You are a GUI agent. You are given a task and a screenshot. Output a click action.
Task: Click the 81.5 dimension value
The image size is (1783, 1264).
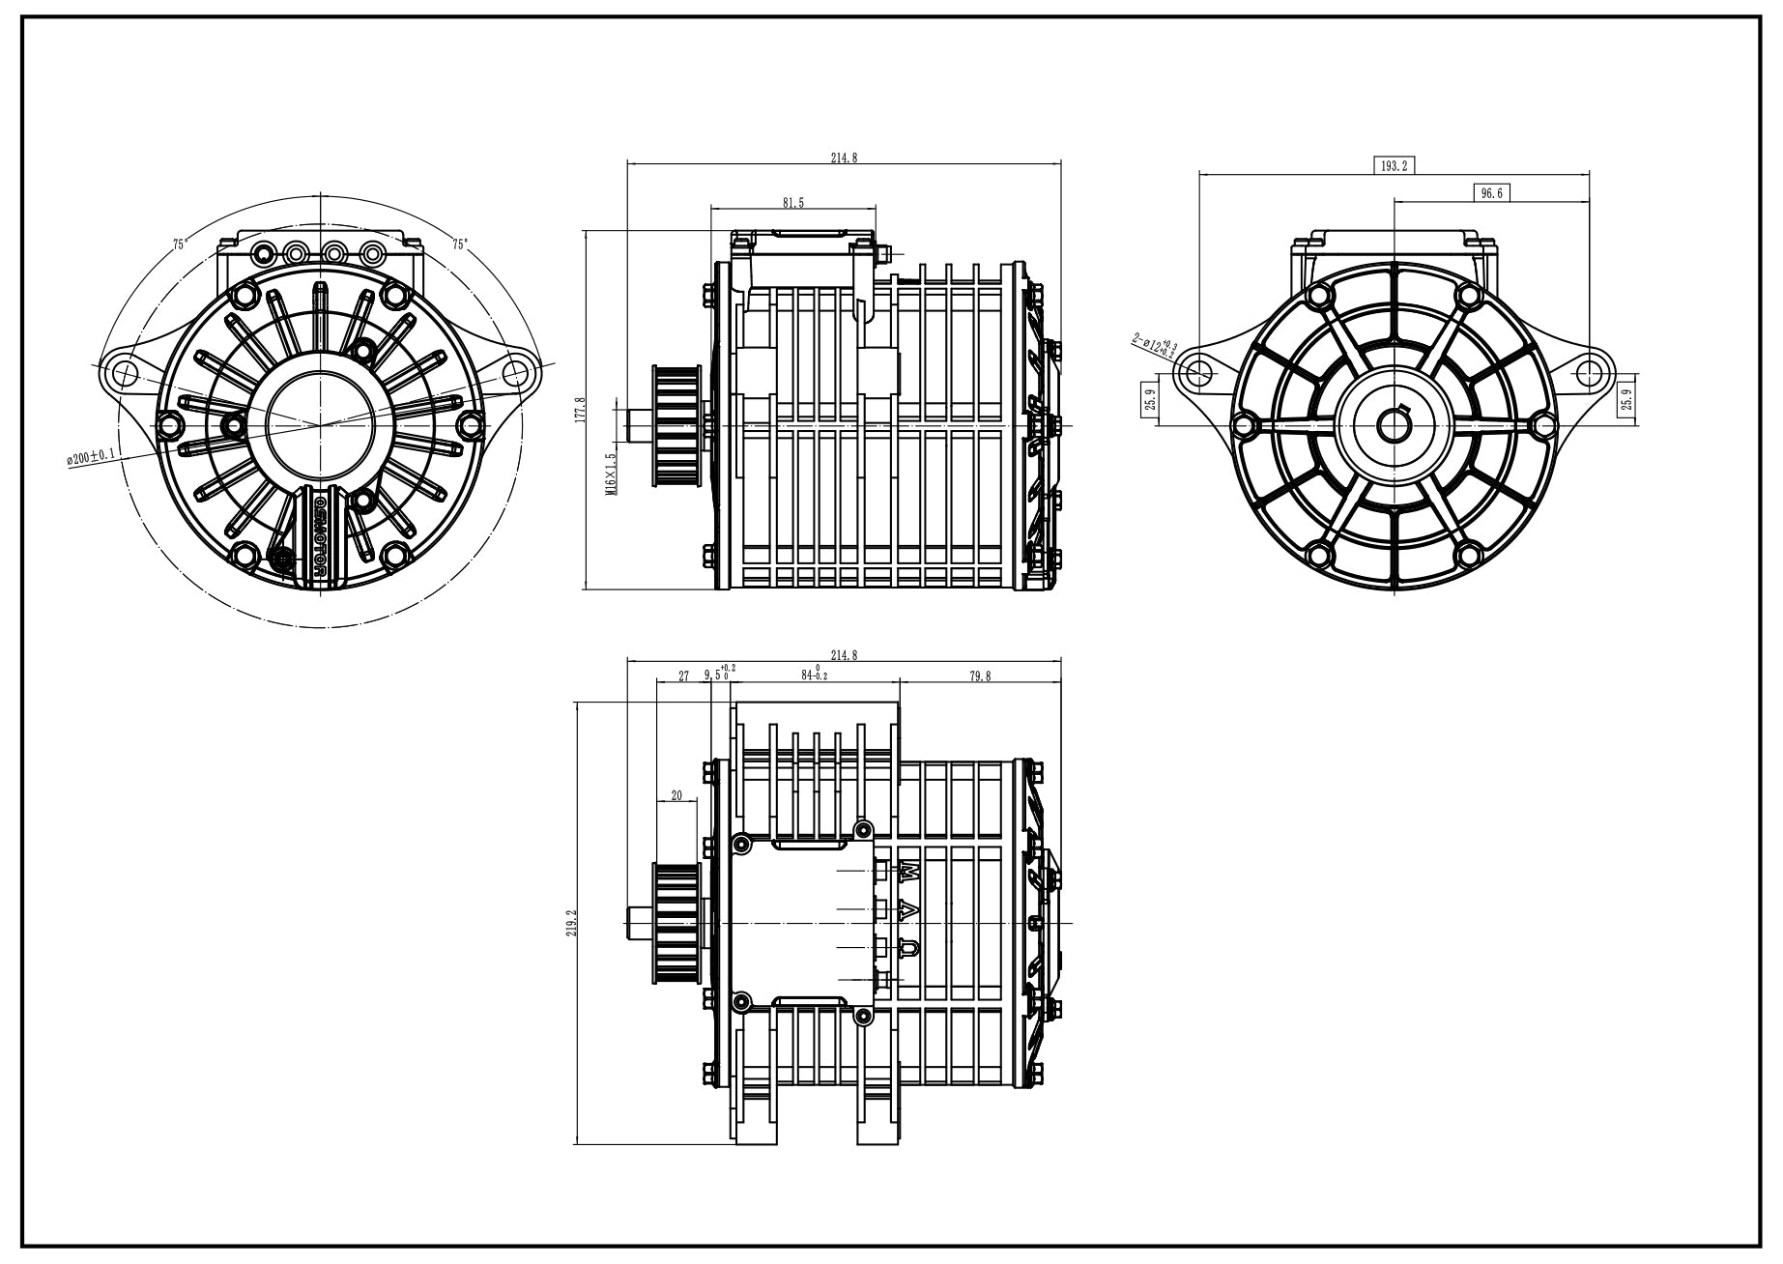coord(792,202)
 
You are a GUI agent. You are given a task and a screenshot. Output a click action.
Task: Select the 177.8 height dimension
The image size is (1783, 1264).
coord(579,410)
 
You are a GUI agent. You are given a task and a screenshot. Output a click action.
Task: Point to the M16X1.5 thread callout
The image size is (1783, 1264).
coord(610,474)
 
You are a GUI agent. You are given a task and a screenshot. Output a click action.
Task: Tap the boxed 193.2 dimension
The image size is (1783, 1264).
coord(1393,165)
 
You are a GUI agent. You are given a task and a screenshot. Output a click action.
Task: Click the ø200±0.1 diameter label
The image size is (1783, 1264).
coord(91,456)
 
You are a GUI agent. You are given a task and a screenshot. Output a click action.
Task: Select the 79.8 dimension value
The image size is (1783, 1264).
coord(979,676)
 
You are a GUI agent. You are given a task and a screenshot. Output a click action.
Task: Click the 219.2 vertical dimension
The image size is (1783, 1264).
coord(571,924)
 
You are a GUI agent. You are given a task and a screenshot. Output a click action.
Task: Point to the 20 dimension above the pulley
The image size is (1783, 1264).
coord(676,795)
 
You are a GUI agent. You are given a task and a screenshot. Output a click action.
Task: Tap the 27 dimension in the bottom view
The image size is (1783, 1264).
coord(683,676)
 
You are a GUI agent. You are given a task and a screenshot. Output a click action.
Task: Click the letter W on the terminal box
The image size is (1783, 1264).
coord(909,872)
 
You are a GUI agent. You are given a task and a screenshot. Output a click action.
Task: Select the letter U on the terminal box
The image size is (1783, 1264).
coord(909,949)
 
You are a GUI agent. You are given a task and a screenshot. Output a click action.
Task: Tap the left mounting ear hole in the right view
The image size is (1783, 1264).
coord(1198,371)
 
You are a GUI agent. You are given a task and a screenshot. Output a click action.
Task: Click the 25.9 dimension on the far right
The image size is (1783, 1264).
coord(1625,397)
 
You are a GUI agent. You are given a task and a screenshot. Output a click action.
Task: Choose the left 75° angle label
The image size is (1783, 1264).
coord(180,244)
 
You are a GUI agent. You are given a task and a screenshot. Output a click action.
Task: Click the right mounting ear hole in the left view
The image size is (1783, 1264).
coord(517,371)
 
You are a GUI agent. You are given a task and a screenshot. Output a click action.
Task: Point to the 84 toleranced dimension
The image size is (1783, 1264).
coord(814,674)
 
